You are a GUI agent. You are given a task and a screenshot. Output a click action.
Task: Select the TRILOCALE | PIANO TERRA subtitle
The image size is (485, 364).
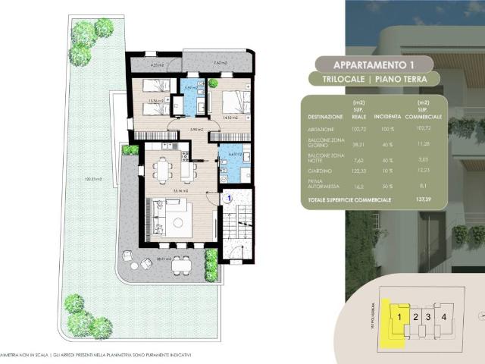(372, 79)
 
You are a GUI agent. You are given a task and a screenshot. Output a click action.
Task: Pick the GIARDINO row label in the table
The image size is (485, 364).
(321, 171)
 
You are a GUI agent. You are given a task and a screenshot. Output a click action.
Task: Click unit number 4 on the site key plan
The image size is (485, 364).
(444, 316)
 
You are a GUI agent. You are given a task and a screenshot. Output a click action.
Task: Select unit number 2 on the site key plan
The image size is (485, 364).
(415, 316)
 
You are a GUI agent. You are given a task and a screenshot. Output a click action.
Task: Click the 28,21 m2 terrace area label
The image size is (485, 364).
(154, 259)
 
